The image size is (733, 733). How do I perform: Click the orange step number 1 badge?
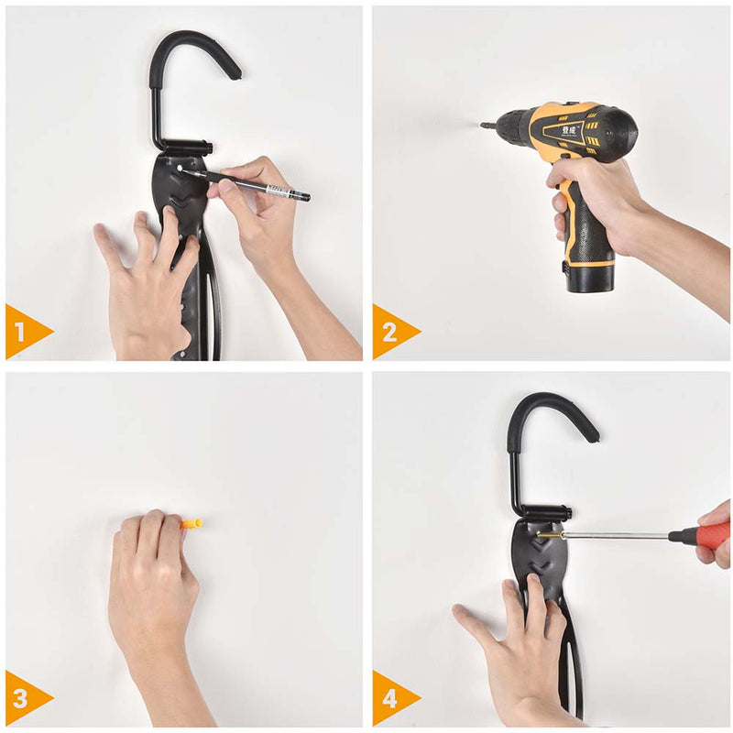(x=23, y=331)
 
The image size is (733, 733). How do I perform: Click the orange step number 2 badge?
(x=390, y=331)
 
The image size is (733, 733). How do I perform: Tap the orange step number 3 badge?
(x=23, y=698)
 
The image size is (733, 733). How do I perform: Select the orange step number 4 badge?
(x=390, y=698)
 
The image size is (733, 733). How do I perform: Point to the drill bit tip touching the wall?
(x=483, y=125)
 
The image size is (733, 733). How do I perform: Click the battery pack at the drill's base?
(x=589, y=273)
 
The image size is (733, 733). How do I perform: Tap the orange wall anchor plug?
(x=191, y=524)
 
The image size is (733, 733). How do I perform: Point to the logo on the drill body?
(x=564, y=131)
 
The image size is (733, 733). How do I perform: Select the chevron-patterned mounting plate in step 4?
(x=541, y=554)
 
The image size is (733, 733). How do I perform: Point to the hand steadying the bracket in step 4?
(x=518, y=641)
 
